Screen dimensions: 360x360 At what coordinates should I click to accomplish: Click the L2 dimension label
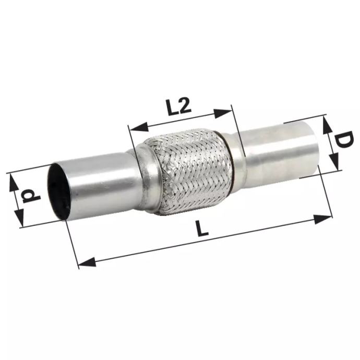[x=178, y=107]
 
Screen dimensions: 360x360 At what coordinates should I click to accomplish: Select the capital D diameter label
[x=344, y=139]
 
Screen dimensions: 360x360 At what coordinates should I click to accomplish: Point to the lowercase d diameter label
[x=31, y=196]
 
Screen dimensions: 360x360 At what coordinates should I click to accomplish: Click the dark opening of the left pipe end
[x=58, y=191]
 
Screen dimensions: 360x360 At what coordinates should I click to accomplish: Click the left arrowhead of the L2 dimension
[x=138, y=127]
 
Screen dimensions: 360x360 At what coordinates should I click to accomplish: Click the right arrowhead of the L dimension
[x=322, y=219]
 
